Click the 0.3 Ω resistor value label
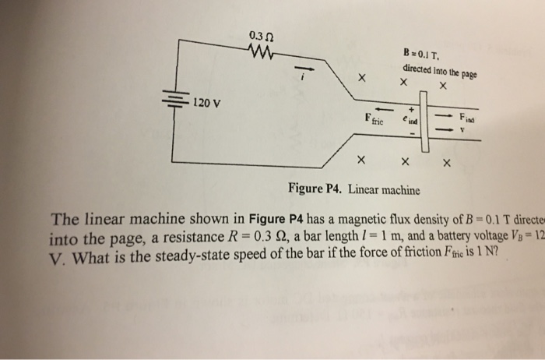261,36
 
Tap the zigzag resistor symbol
260,51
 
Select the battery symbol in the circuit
174,101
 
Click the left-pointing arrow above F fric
378,109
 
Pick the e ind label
409,121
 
